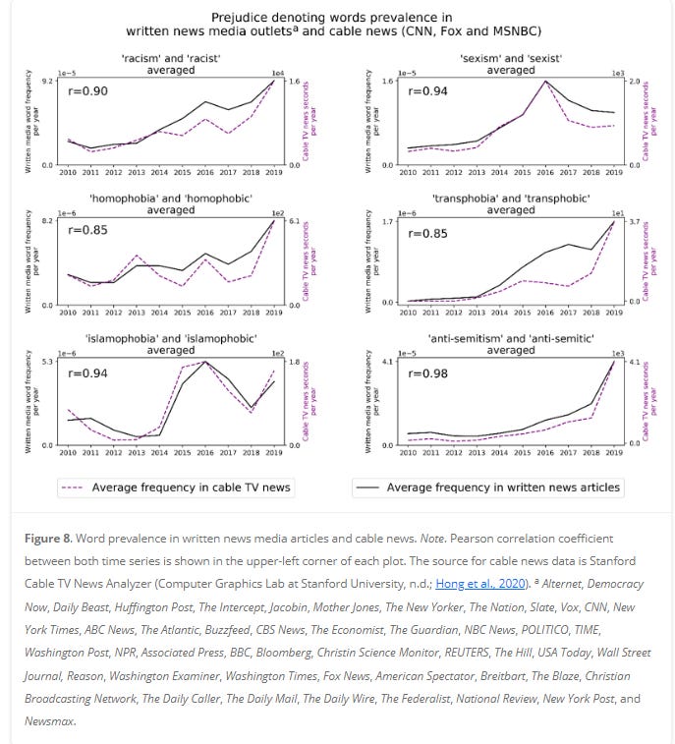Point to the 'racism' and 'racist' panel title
pos(171,64)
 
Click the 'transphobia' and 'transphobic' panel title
pos(510,204)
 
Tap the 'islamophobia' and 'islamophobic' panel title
pos(171,344)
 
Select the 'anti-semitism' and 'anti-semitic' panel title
pos(510,344)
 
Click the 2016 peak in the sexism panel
pos(546,82)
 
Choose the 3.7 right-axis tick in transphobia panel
pos(635,222)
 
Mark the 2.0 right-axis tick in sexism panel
pos(635,81)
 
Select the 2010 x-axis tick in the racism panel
pos(68,172)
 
